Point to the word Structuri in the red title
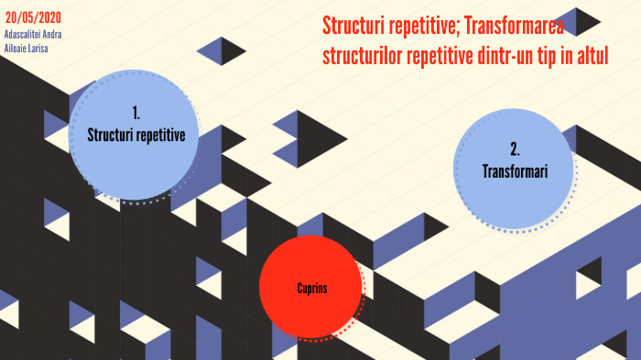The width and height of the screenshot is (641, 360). (x=354, y=26)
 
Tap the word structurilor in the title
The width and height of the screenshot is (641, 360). (x=362, y=56)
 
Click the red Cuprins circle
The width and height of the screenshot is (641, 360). (x=311, y=287)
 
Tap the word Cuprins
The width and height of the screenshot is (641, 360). (x=311, y=289)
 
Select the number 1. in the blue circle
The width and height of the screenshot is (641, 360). (x=136, y=114)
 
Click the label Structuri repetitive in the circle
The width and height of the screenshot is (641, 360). (x=136, y=135)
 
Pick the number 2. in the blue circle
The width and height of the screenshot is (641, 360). (x=515, y=149)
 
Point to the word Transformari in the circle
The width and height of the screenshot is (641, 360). (x=515, y=170)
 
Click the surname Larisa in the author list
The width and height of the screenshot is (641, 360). (x=38, y=48)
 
